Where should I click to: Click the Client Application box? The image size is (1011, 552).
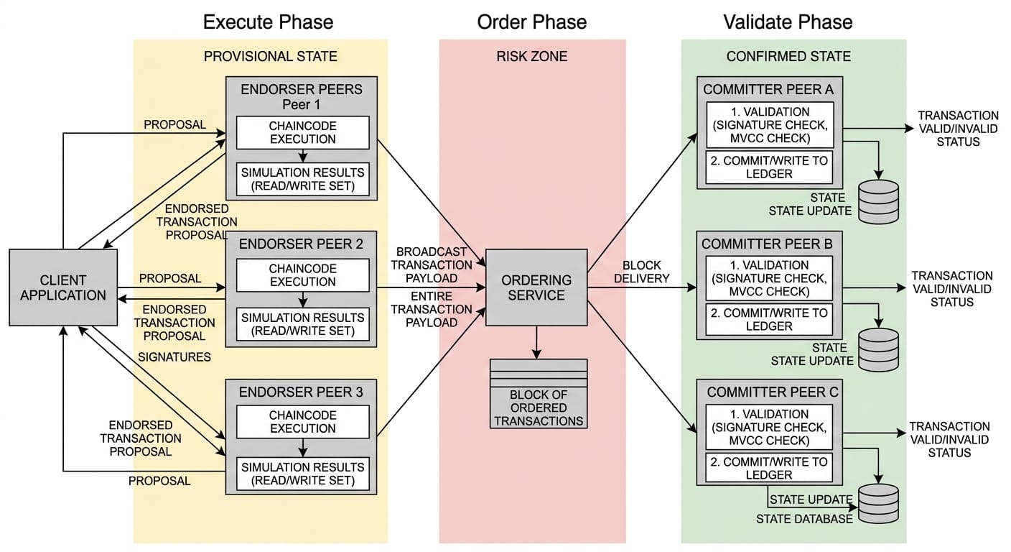[x=63, y=287]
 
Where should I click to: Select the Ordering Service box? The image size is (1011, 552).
[x=536, y=287]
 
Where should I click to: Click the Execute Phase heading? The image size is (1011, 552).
[x=268, y=22]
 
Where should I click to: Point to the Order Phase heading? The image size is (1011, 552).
[x=532, y=22]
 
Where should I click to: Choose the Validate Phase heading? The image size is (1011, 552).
[x=788, y=22]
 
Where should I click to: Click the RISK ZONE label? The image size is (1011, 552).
[x=532, y=56]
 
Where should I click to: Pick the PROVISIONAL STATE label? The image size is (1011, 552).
[x=270, y=56]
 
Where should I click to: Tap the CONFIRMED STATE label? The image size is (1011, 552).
[x=788, y=56]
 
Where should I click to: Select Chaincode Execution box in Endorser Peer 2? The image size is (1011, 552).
[x=302, y=275]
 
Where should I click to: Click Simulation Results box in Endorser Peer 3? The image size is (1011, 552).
[x=302, y=474]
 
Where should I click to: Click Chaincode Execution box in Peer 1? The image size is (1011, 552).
[x=302, y=132]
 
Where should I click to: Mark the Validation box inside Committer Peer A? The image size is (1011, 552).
[x=769, y=125]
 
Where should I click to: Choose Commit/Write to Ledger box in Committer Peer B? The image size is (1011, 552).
[x=769, y=319]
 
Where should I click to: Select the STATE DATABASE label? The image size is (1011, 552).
[x=804, y=518]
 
